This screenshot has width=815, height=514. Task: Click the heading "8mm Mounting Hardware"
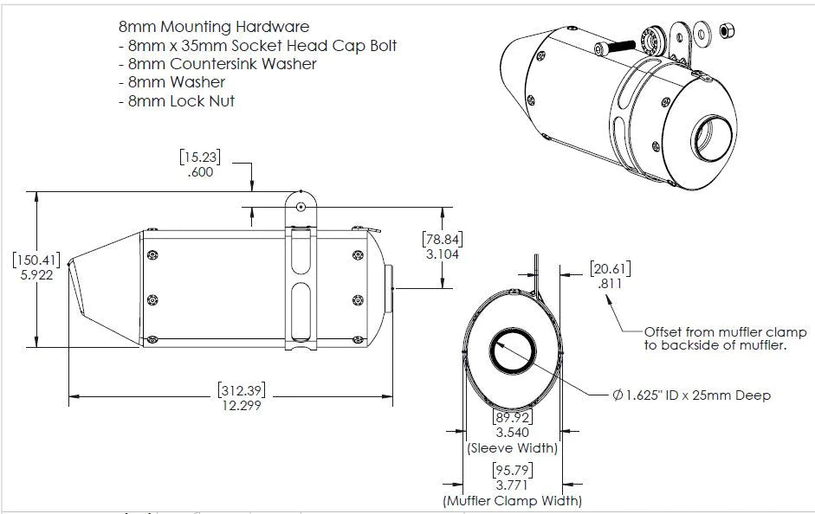coord(213,28)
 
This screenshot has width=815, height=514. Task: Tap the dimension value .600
coord(201,172)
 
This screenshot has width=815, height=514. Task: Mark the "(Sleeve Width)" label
coord(512,448)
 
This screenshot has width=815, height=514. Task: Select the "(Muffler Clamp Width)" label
coord(512,500)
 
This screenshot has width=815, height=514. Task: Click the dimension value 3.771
coord(512,485)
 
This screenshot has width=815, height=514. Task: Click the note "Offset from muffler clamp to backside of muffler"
coord(725,338)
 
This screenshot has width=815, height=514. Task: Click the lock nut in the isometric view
coord(728,30)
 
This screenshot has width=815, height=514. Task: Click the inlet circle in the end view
coord(512,353)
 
